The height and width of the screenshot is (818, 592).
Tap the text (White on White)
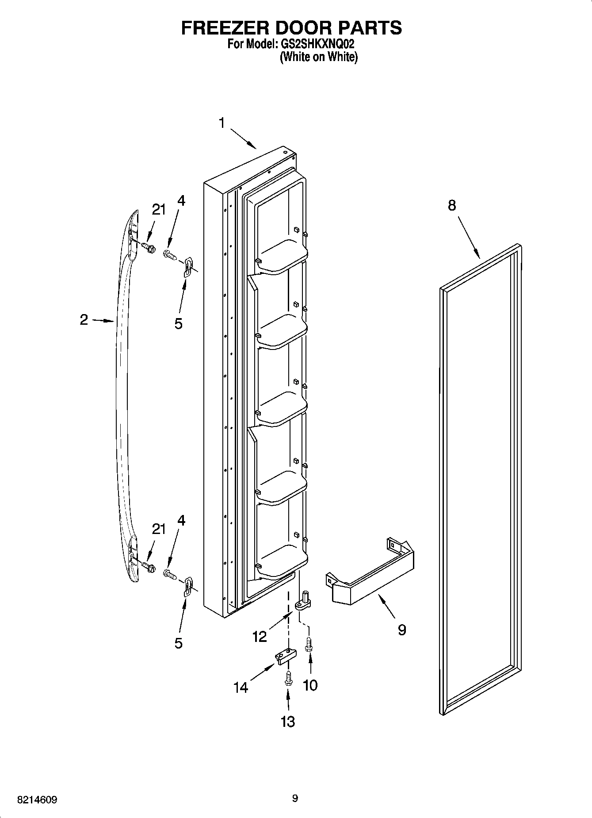pos(318,57)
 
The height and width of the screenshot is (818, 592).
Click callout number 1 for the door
pos(222,123)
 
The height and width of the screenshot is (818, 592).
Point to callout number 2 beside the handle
pos(84,319)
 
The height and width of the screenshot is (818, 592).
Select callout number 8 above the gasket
pos(451,205)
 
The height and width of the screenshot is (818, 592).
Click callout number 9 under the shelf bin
pos(401,630)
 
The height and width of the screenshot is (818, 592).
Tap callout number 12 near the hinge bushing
pos(260,637)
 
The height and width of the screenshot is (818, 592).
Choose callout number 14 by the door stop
pos(241,687)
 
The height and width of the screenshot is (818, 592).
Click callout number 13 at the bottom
pos(287,722)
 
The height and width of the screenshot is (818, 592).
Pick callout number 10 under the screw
pos(310,685)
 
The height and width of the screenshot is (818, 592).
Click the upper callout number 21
pos(158,210)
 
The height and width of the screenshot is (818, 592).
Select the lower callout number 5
pos(178,642)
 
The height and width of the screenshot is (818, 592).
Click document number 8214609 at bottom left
pos(37,800)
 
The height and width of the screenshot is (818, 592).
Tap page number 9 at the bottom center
pos(295,798)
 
